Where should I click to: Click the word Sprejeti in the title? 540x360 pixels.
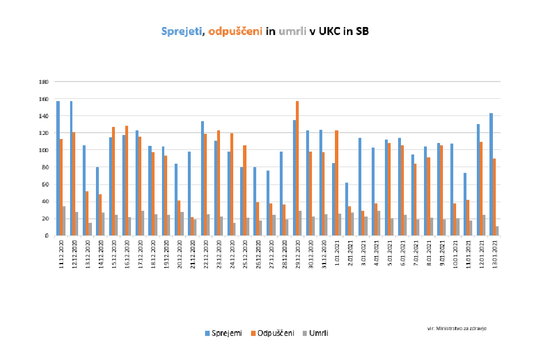(180, 32)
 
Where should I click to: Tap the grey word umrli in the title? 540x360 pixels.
(292, 32)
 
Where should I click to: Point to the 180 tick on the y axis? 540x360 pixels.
(43, 82)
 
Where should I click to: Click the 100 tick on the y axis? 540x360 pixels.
(43, 150)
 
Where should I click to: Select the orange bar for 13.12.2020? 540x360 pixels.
(87, 213)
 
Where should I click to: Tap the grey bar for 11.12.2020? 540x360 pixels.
(64, 221)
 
